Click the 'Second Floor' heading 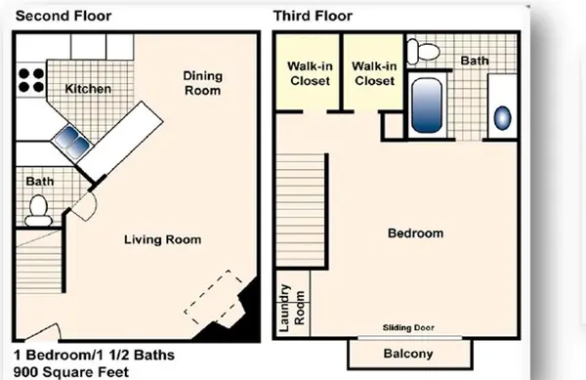pos(63,16)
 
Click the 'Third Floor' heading pos(313,16)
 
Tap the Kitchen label pos(88,89)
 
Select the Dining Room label pos(202,83)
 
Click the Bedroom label pos(415,233)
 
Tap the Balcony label pos(408,354)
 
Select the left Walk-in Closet pos(307,73)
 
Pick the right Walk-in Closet pos(373,73)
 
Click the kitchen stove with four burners pos(30,79)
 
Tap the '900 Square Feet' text pos(70,371)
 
